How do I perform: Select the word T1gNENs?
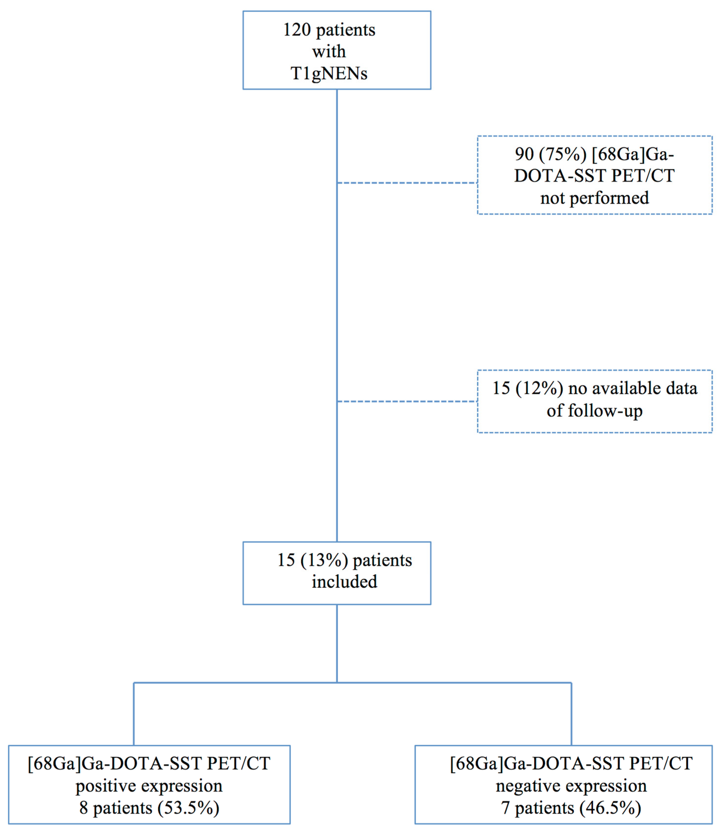coord(329,74)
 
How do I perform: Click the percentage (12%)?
coord(539,389)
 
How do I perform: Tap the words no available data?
coord(633,389)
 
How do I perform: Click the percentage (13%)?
coord(324,561)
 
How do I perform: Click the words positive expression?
coord(149,786)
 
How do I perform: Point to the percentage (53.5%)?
coord(188,808)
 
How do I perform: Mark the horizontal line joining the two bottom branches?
coord(243,683)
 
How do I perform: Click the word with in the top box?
coord(329,52)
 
